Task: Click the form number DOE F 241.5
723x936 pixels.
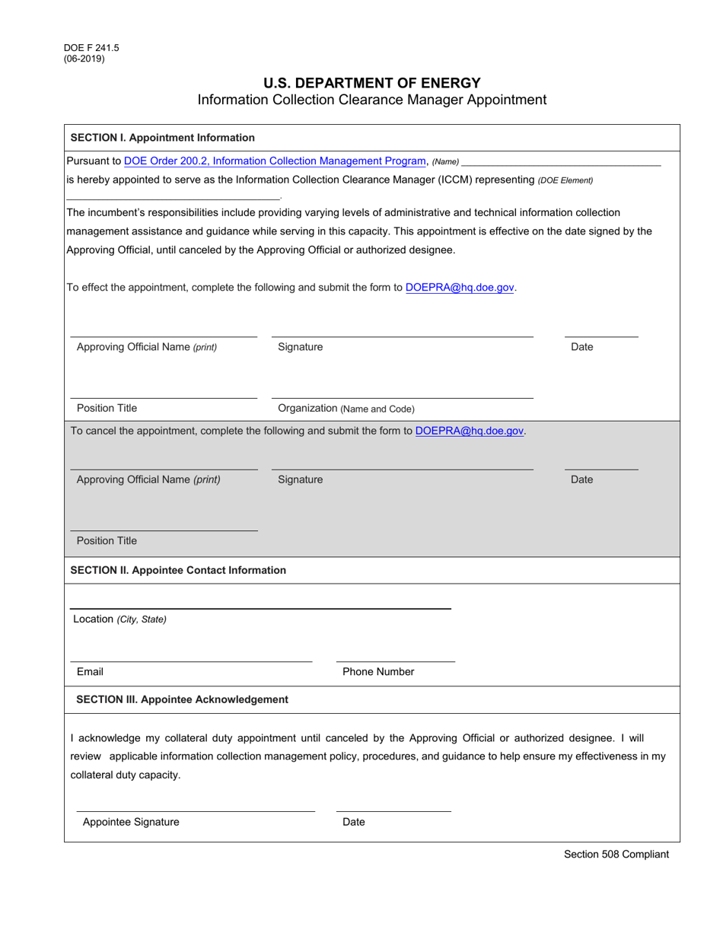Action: (x=91, y=48)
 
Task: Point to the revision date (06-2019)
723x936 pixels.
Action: (x=84, y=59)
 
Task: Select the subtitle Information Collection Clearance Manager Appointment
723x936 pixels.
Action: (x=372, y=100)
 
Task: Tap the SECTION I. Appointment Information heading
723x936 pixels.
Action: (x=163, y=138)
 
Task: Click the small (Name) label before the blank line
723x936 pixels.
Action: (x=446, y=161)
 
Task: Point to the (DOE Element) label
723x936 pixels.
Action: (x=565, y=180)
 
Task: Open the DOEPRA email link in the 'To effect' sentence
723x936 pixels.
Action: (x=460, y=288)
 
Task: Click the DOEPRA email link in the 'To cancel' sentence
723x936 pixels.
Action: (x=470, y=431)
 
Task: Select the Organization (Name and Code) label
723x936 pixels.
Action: (x=346, y=409)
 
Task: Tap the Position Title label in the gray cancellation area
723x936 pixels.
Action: (x=107, y=541)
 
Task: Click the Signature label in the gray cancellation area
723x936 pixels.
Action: (x=300, y=479)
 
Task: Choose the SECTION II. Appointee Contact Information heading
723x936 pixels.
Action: (x=178, y=570)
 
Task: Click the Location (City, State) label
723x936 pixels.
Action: (x=119, y=619)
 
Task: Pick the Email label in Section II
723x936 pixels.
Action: (x=90, y=672)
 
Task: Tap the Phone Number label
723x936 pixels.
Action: (x=378, y=672)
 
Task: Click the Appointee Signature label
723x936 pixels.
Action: (x=131, y=822)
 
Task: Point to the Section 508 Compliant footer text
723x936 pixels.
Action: (x=616, y=854)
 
